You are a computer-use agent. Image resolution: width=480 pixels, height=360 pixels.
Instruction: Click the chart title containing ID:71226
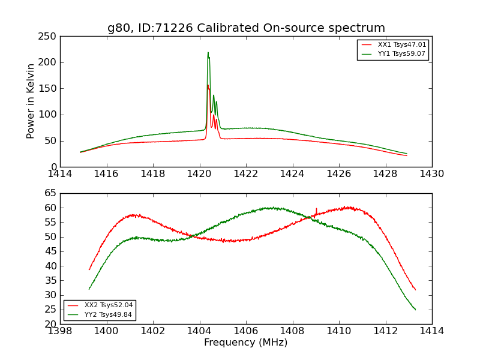pos(246,28)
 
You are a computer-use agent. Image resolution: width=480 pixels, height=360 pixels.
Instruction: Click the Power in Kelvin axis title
pos(31,101)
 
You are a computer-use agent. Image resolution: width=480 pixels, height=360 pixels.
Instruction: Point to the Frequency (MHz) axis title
pos(246,343)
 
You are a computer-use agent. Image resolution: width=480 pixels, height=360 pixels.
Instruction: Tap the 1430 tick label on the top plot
pos(432,174)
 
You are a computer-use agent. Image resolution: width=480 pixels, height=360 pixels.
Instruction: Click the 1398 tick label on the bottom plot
pos(60,331)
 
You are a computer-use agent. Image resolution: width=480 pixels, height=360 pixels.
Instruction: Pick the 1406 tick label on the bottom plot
pos(246,331)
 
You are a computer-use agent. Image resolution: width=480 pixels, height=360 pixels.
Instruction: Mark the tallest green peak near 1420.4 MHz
pos(208,53)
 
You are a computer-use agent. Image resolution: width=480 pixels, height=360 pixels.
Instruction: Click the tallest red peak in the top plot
pos(208,85)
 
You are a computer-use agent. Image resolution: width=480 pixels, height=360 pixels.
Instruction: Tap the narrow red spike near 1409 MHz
pos(316,209)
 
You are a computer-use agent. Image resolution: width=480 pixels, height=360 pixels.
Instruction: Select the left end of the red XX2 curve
pos(89,269)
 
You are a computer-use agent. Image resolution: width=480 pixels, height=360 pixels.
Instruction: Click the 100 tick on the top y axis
pos(49,115)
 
